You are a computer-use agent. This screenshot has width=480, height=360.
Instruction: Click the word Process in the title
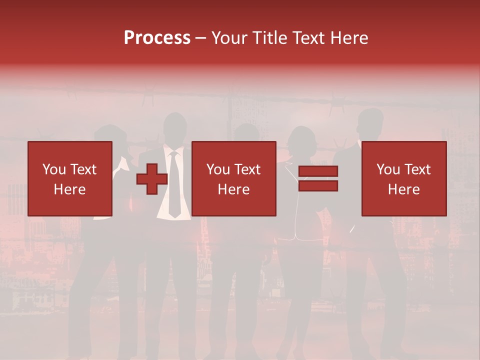(157, 38)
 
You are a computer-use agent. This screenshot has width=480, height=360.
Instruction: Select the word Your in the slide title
(228, 38)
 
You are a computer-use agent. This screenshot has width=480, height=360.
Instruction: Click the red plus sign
(152, 178)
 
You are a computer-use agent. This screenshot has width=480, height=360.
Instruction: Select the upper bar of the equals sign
(318, 171)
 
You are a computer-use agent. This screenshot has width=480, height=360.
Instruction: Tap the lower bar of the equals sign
(318, 186)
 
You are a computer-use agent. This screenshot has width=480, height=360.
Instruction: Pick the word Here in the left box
(69, 189)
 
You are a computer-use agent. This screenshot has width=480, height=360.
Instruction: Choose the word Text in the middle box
(247, 169)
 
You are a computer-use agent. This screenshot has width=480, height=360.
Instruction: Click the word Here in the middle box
(233, 189)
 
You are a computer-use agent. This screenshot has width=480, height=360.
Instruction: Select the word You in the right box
(388, 169)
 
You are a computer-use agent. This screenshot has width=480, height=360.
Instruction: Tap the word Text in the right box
(417, 169)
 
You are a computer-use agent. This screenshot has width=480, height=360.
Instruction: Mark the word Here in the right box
(403, 189)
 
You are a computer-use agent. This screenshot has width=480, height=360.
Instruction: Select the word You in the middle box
(218, 169)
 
